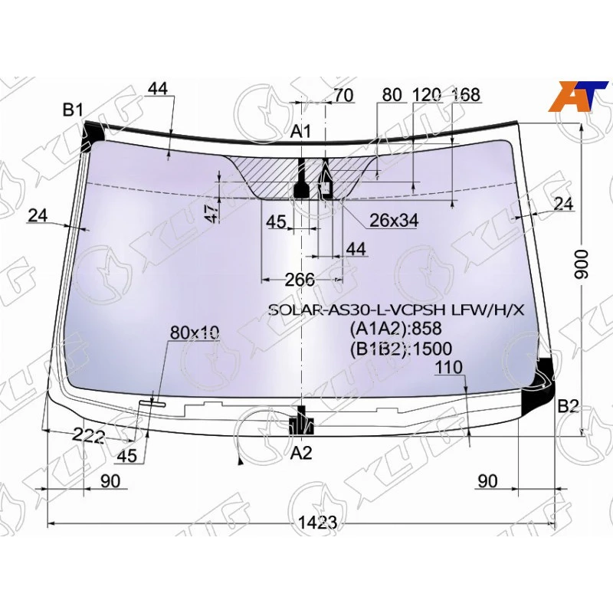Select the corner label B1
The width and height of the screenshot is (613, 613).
(x=73, y=110)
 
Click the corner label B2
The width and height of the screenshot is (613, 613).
(x=568, y=406)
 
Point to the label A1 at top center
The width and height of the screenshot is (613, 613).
(x=300, y=131)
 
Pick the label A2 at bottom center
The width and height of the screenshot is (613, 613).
(x=302, y=453)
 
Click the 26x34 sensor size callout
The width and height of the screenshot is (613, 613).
(x=393, y=221)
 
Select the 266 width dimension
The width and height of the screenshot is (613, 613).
(x=300, y=280)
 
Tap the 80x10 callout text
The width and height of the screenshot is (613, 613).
(x=195, y=333)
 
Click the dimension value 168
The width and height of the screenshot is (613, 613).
(x=466, y=95)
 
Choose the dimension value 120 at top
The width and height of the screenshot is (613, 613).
(x=427, y=95)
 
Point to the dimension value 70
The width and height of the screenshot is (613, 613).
(x=344, y=95)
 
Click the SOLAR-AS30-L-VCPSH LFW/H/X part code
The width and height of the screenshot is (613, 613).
(x=396, y=310)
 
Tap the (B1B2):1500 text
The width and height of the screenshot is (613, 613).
(x=400, y=349)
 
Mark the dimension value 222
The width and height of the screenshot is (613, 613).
(x=89, y=436)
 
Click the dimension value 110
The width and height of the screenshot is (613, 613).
(x=448, y=368)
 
